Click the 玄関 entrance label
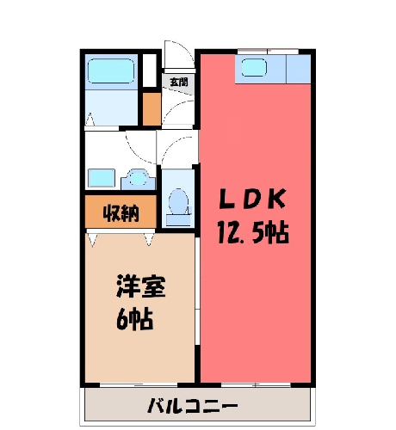(178, 82)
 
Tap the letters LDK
(252, 199)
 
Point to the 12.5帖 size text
(253, 232)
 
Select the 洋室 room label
(141, 286)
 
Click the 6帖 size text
(134, 319)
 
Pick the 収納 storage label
(121, 213)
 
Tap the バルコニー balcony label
(193, 405)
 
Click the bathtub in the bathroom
(111, 71)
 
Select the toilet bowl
(178, 201)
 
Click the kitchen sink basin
(254, 68)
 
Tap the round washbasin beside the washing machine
(139, 179)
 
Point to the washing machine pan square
(102, 178)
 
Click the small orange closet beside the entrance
(152, 109)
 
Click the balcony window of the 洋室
(139, 385)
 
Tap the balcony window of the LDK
(256, 385)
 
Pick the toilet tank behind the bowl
(178, 220)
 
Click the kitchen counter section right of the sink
(299, 69)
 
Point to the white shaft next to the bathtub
(150, 71)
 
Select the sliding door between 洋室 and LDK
(197, 291)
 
